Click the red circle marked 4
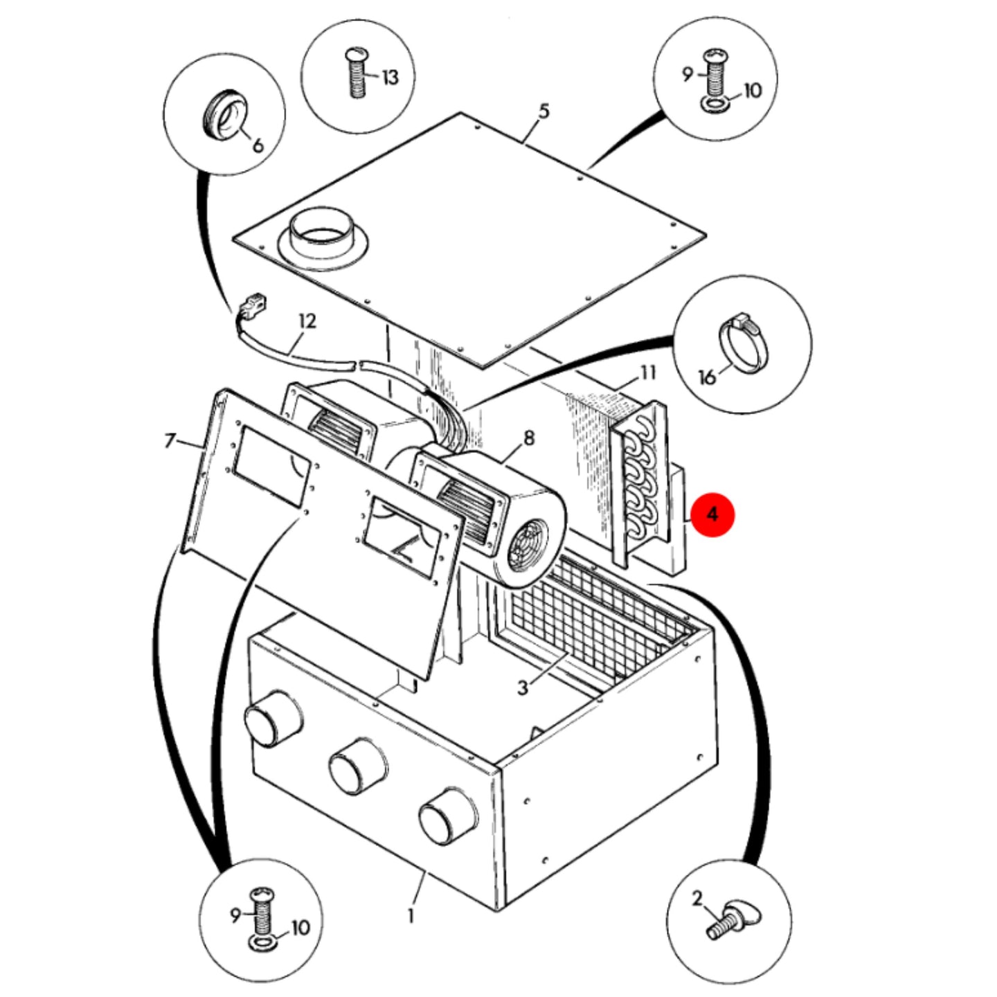(x=713, y=515)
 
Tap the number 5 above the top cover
(x=544, y=111)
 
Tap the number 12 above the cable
(x=307, y=321)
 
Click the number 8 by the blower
(x=529, y=439)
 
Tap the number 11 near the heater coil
(x=648, y=372)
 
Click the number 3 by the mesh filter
(x=523, y=688)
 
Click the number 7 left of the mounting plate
(x=170, y=441)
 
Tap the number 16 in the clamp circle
(x=707, y=377)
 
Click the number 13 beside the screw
(x=390, y=78)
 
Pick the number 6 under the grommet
(x=258, y=145)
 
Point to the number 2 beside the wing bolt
(x=697, y=899)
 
